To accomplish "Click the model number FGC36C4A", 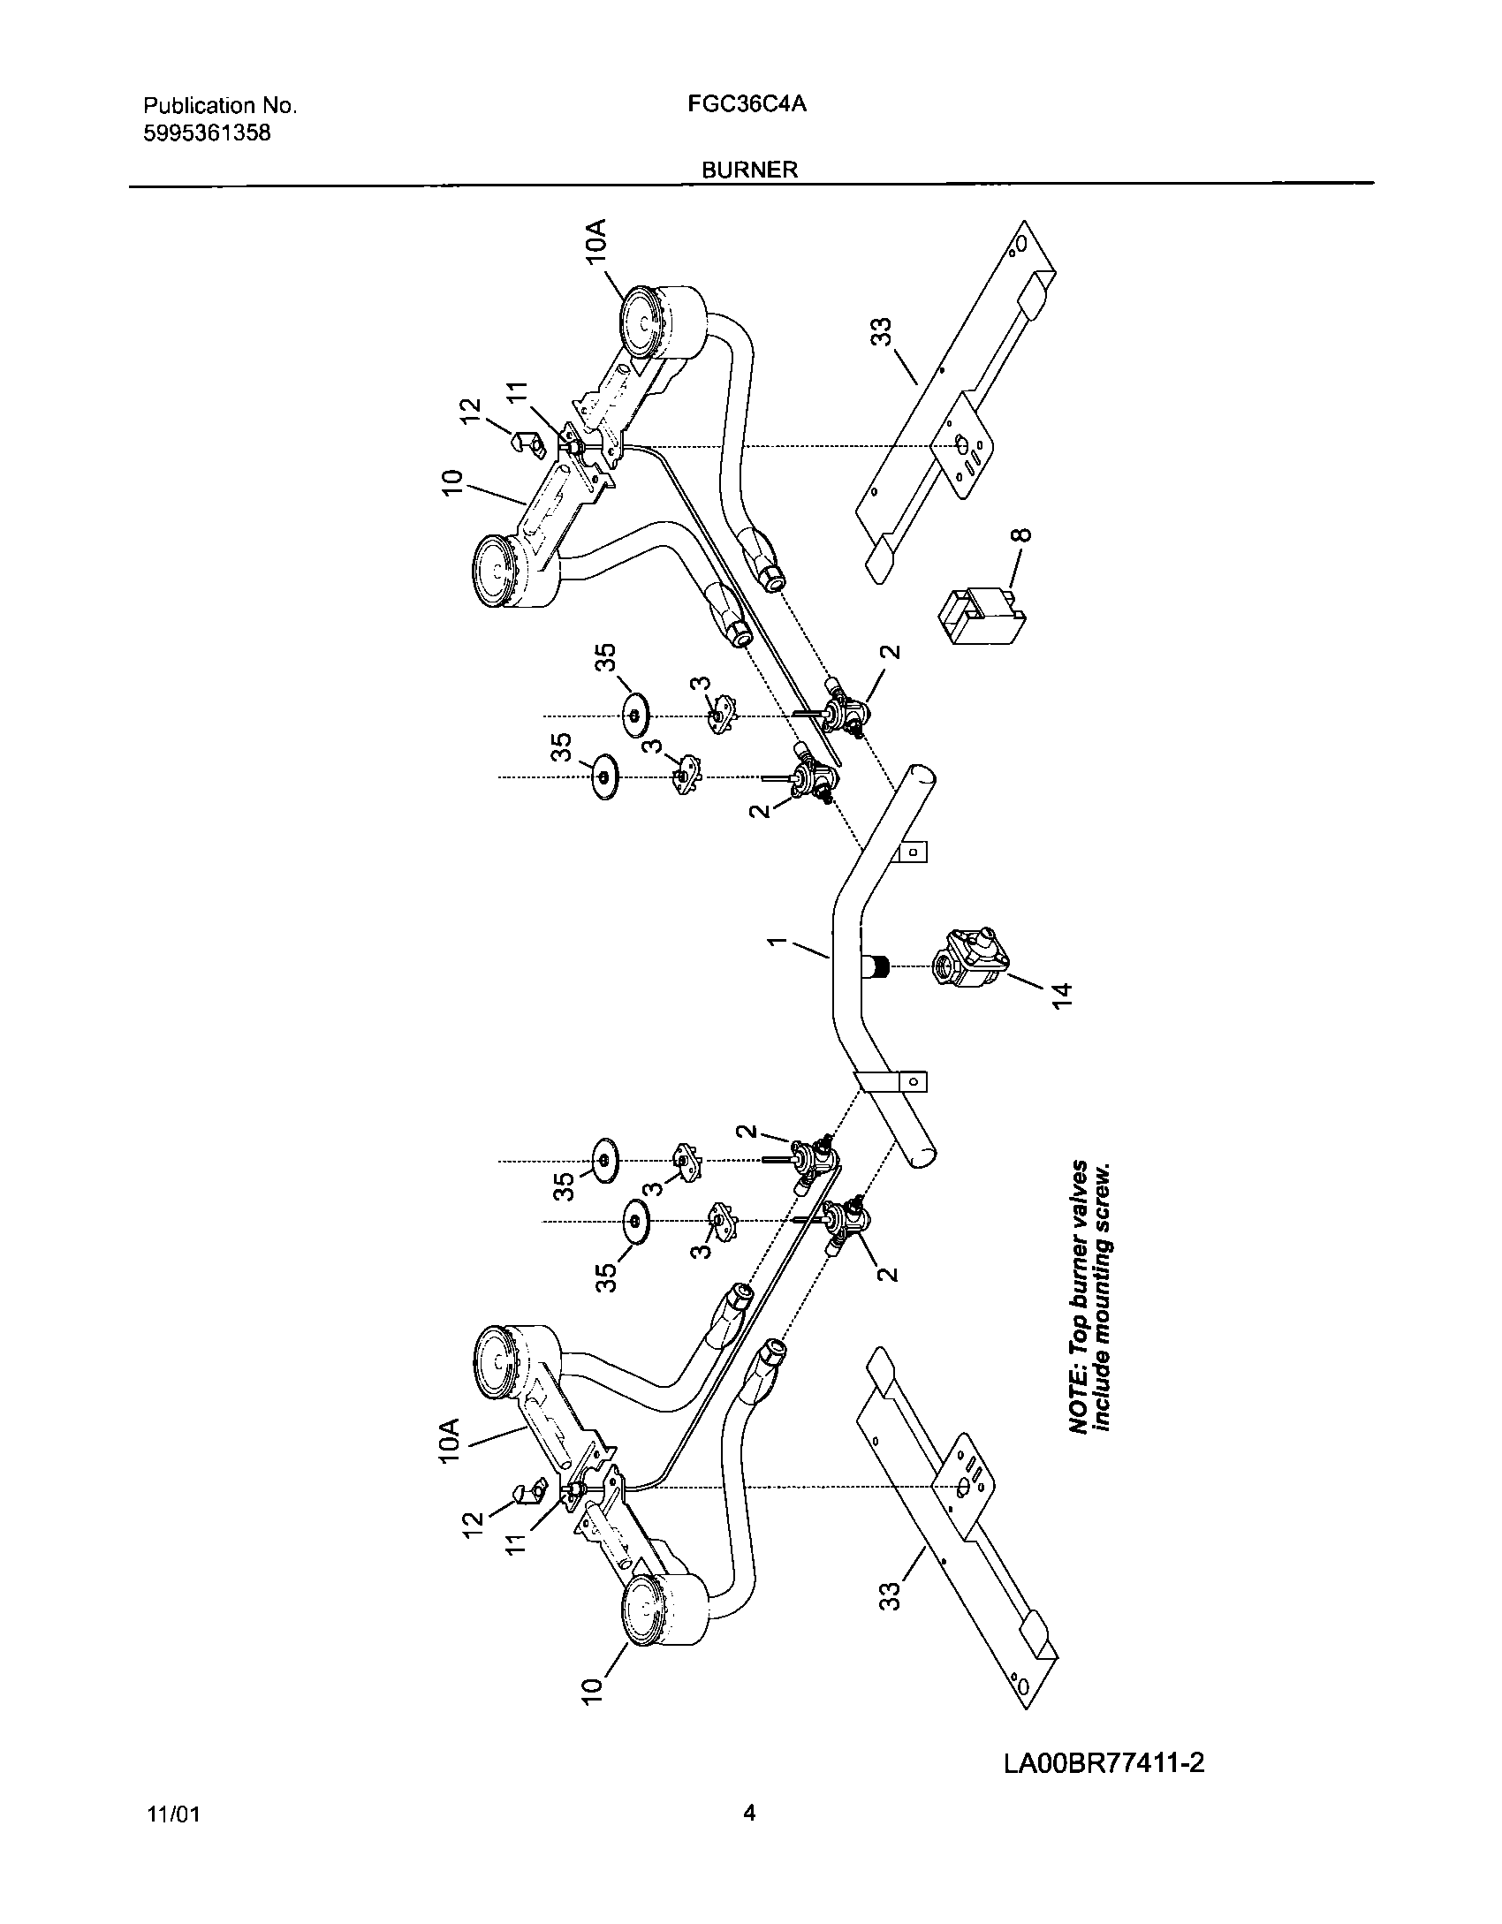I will point(747,105).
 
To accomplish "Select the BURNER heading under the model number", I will point(749,170).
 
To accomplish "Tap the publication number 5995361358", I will point(207,133).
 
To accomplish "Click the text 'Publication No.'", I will point(220,106).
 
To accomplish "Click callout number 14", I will point(1063,994).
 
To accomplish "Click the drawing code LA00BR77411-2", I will point(1104,1738).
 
